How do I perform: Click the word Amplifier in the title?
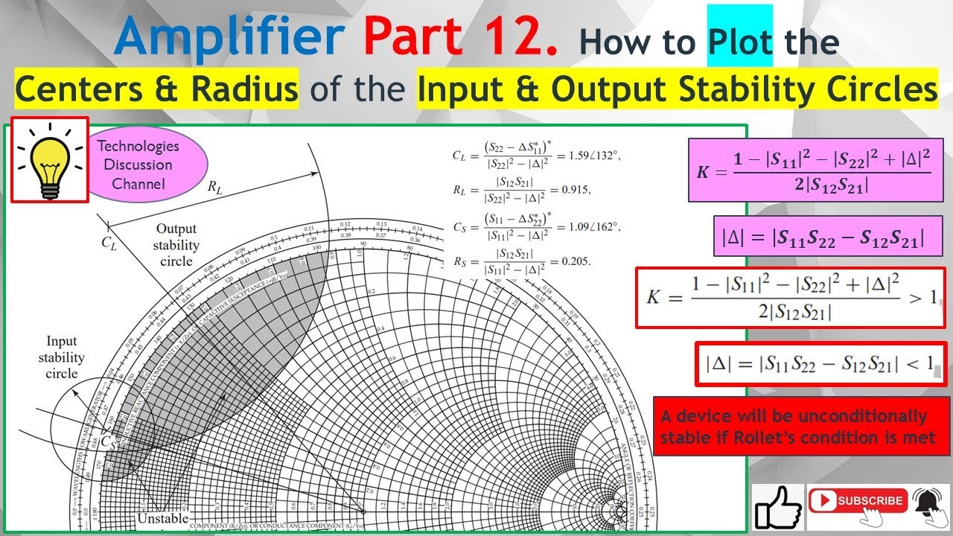[229, 37]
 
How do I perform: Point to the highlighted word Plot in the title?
[739, 42]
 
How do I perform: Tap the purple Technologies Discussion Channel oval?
[138, 165]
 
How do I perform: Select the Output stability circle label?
[176, 245]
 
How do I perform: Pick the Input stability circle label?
[62, 357]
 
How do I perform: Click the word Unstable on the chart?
[162, 517]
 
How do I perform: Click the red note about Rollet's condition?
[801, 426]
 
